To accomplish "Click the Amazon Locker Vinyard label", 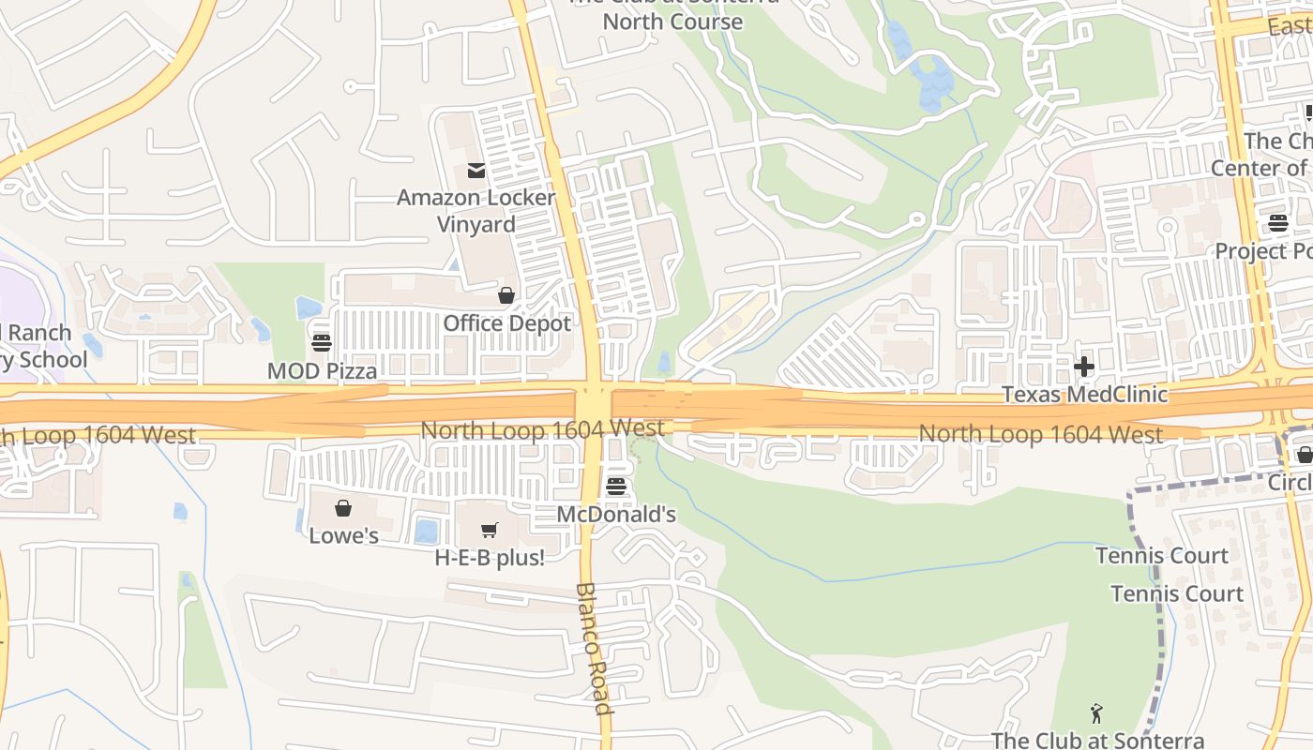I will click(475, 211).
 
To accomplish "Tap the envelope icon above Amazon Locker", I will click(475, 171).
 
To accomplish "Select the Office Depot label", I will click(506, 323).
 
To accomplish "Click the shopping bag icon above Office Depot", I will click(506, 296).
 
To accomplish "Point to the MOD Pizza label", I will click(322, 371).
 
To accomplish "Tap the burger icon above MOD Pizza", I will click(322, 342).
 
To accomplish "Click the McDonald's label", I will click(616, 515).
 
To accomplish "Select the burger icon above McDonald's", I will click(616, 487).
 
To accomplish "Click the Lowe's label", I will click(343, 536).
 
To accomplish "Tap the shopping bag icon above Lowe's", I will click(343, 508).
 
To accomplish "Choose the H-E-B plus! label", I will click(490, 557).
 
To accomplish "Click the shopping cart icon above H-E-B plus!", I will click(490, 531).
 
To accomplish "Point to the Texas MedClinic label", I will click(1085, 394).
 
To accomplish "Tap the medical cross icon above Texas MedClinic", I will click(1084, 367).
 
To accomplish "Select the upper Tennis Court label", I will click(1162, 556).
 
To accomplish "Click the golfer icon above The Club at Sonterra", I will click(1096, 714).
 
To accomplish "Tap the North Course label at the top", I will click(672, 21).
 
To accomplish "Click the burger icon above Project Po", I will click(1278, 223).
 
